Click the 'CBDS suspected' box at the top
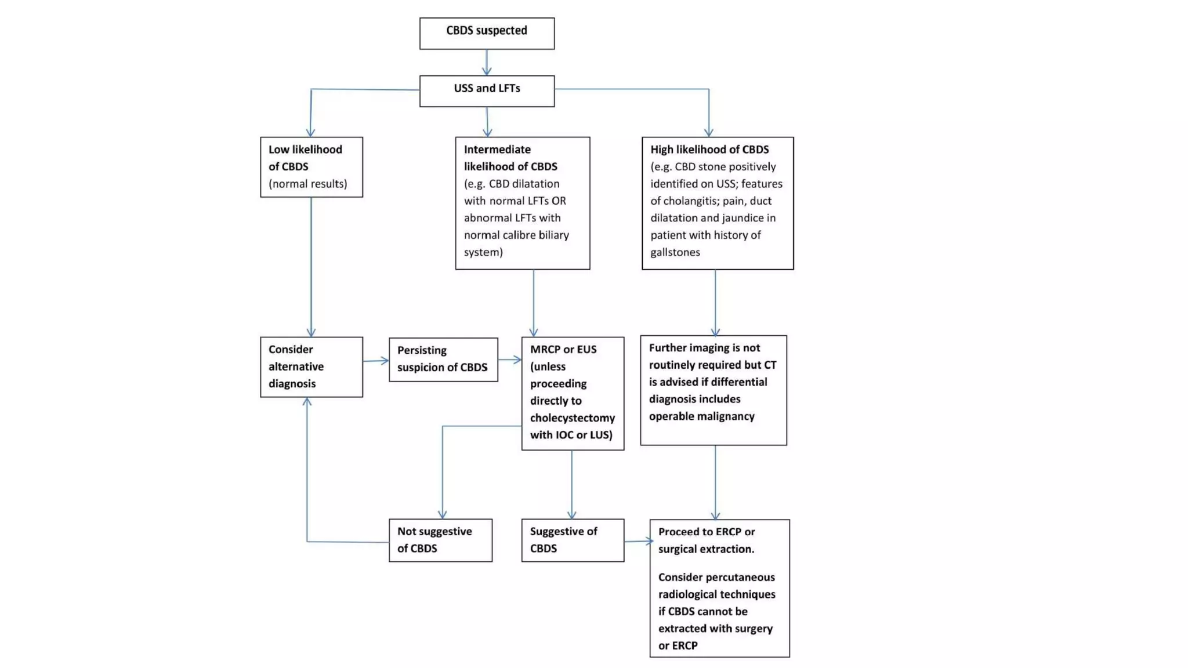click(487, 33)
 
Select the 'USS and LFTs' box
click(487, 90)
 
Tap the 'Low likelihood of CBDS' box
click(312, 166)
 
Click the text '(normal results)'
click(307, 184)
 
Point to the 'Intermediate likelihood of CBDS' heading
click(510, 158)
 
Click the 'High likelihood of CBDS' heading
click(709, 150)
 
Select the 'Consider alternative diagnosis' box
click(312, 366)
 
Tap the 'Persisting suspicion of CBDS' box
click(443, 359)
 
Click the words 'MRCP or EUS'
click(563, 350)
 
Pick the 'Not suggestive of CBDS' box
click(440, 540)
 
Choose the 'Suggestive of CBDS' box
click(573, 540)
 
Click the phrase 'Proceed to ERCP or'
click(706, 532)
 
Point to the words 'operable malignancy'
click(701, 416)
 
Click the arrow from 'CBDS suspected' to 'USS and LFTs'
click(487, 63)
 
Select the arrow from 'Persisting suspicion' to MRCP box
click(509, 360)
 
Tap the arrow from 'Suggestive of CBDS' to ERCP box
click(638, 541)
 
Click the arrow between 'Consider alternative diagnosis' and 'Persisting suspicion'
click(376, 361)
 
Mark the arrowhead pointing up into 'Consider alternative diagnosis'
click(307, 401)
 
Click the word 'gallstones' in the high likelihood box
click(675, 252)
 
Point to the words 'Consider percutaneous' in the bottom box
click(716, 578)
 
